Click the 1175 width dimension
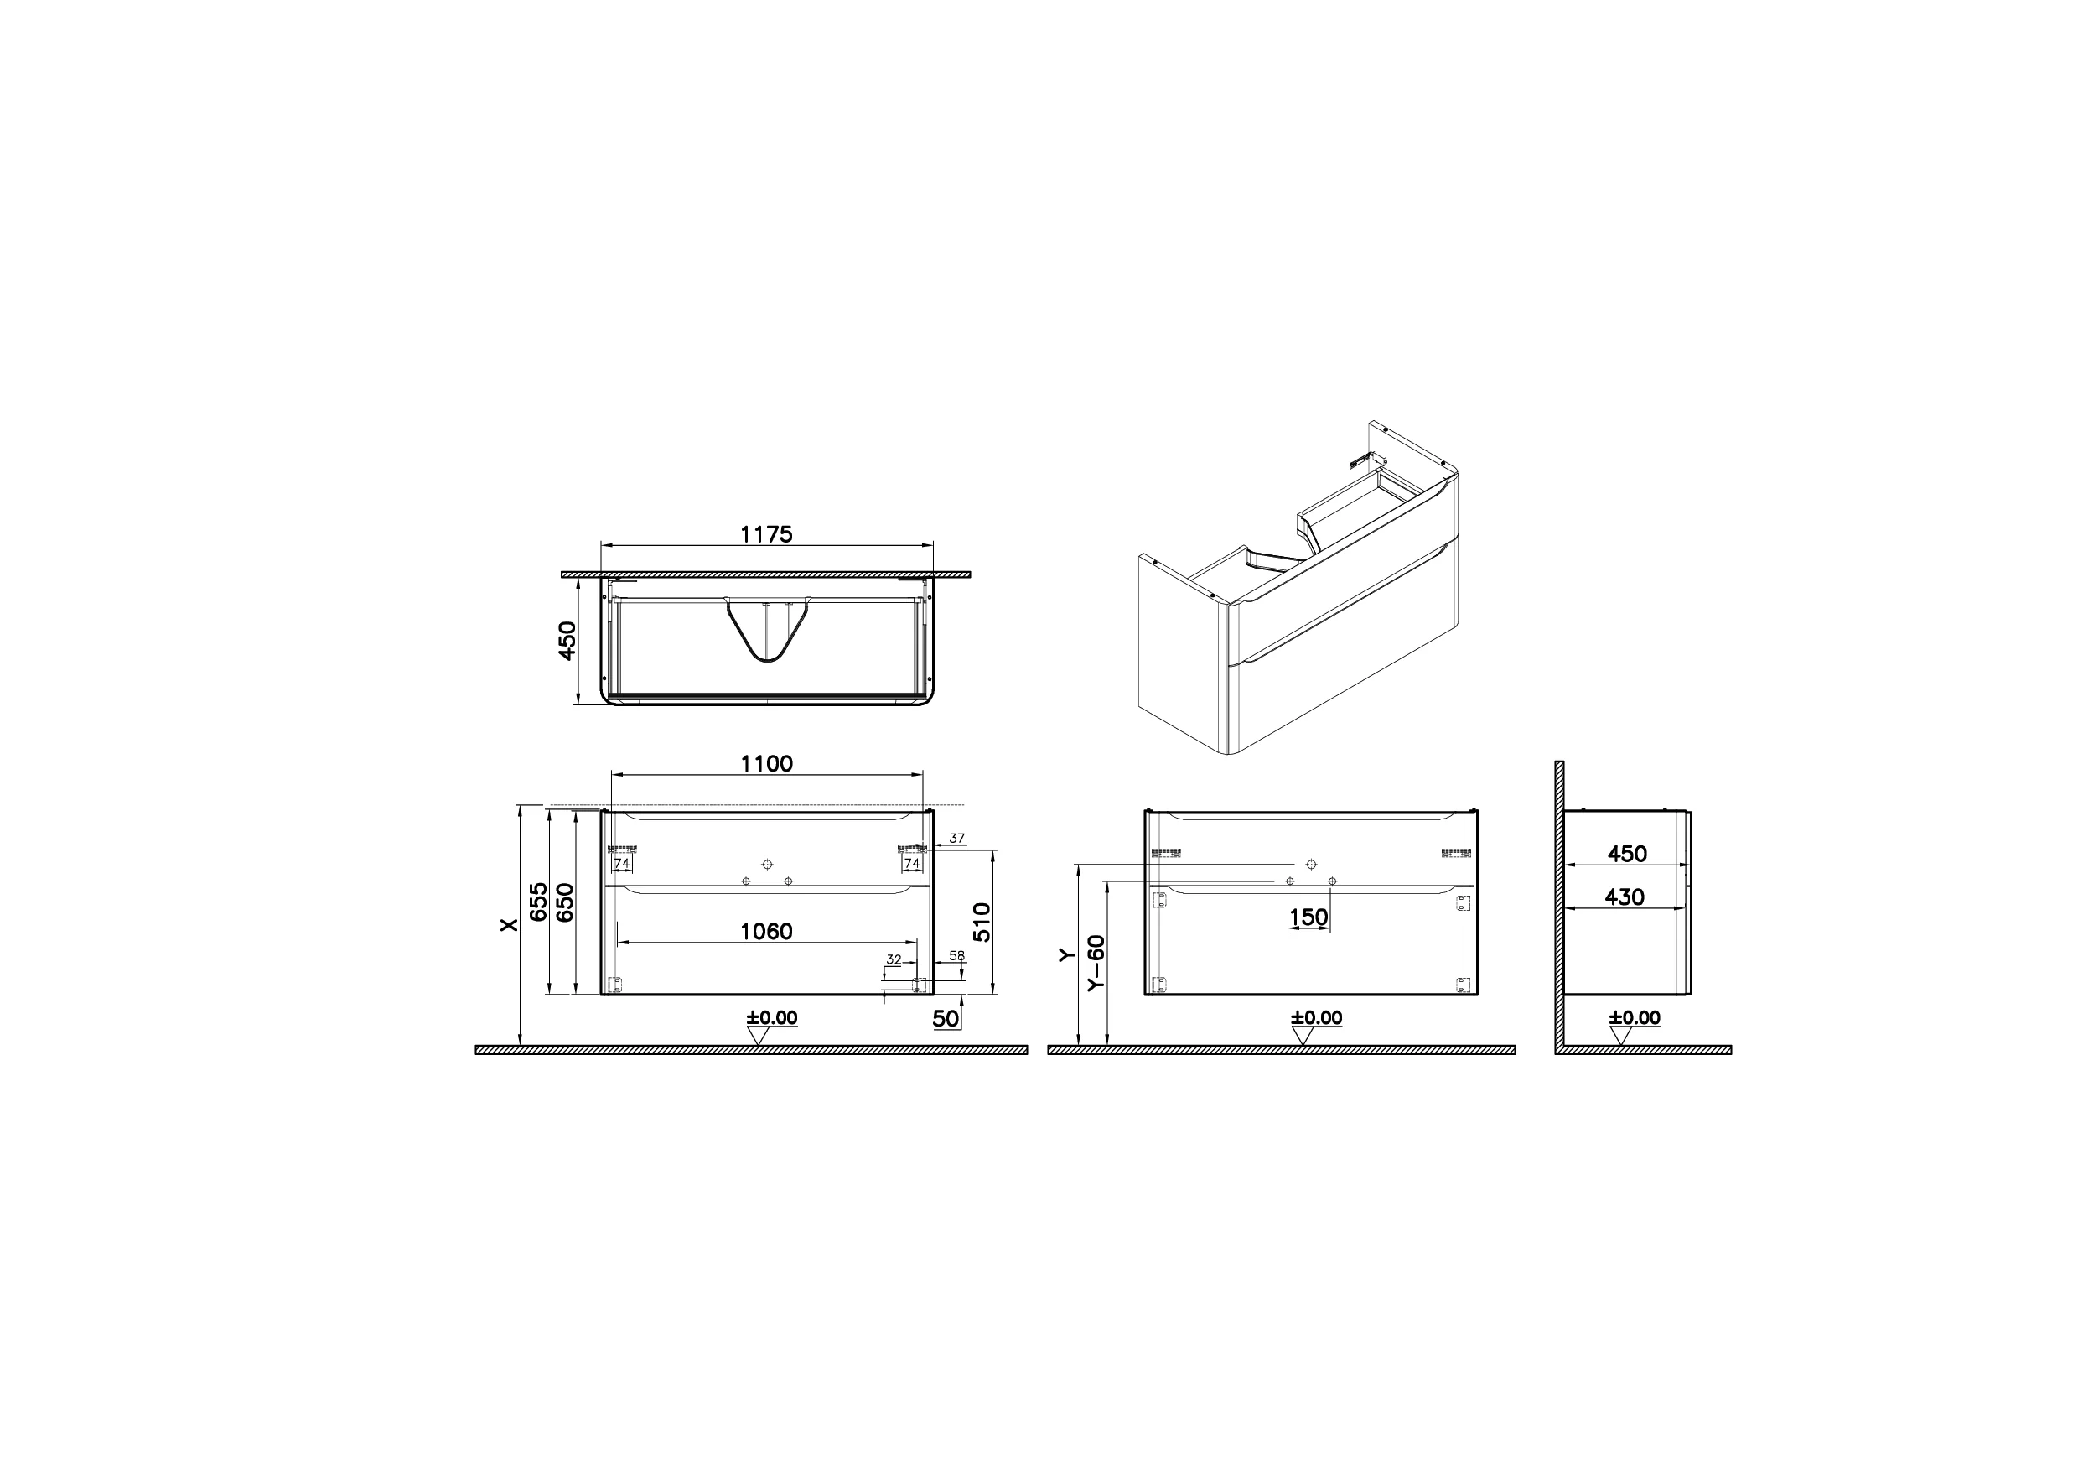(x=766, y=534)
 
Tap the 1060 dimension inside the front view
(x=766, y=931)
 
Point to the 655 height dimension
(x=539, y=902)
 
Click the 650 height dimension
(x=565, y=902)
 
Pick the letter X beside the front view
(x=510, y=925)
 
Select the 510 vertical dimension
(x=984, y=922)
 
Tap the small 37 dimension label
(x=958, y=839)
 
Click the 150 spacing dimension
(x=1309, y=917)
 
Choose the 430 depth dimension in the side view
(x=1625, y=897)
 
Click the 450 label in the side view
(x=1626, y=853)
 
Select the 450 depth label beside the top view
(x=567, y=641)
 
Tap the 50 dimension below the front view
(x=946, y=1018)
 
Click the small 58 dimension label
(x=957, y=955)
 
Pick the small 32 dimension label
(x=894, y=959)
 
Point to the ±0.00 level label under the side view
(x=1635, y=1018)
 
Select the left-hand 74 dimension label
(x=621, y=864)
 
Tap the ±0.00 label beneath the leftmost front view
(x=771, y=1018)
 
